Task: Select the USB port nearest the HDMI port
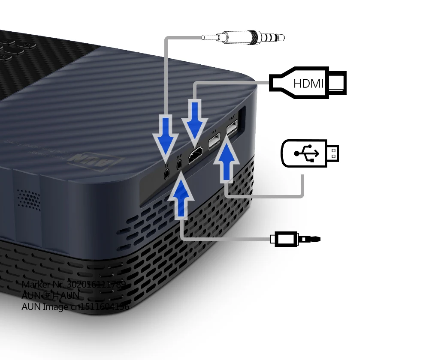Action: click(x=214, y=142)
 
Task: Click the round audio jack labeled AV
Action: click(x=179, y=164)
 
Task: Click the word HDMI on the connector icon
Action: click(x=308, y=83)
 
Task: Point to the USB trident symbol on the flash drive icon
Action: click(x=306, y=153)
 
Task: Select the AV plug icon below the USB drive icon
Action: click(x=296, y=238)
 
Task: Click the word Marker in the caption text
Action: click(x=34, y=285)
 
